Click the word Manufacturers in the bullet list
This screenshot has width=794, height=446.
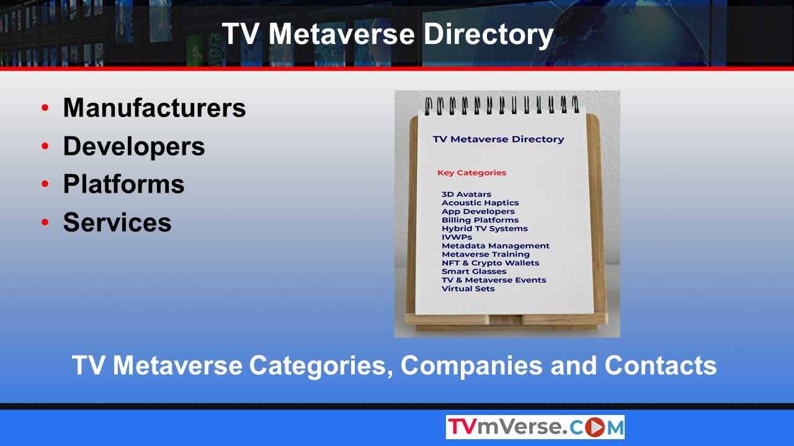click(x=154, y=108)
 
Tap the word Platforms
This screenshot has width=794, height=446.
click(x=123, y=184)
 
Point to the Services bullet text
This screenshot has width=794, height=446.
click(x=117, y=222)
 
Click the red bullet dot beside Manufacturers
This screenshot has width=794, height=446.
click(x=45, y=108)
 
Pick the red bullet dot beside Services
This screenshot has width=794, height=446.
click(x=45, y=222)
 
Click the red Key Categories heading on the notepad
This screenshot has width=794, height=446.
click(x=472, y=173)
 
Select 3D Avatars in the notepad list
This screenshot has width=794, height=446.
click(x=466, y=195)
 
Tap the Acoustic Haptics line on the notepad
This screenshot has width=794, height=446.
click(x=480, y=203)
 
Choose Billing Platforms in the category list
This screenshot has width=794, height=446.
click(x=480, y=220)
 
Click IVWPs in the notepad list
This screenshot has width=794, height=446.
click(x=457, y=237)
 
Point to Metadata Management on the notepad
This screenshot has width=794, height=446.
click(x=496, y=246)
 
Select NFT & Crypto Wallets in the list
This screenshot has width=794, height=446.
click(x=490, y=263)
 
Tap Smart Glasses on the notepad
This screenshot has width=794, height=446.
click(x=474, y=271)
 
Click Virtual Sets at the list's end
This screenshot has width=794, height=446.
click(x=468, y=289)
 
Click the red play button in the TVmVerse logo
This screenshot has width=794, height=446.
click(x=595, y=427)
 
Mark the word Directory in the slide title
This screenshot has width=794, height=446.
click(x=488, y=34)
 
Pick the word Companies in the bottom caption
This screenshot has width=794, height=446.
click(x=471, y=365)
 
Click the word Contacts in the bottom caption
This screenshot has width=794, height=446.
click(x=661, y=365)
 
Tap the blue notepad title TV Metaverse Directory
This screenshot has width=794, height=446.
click(x=498, y=139)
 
